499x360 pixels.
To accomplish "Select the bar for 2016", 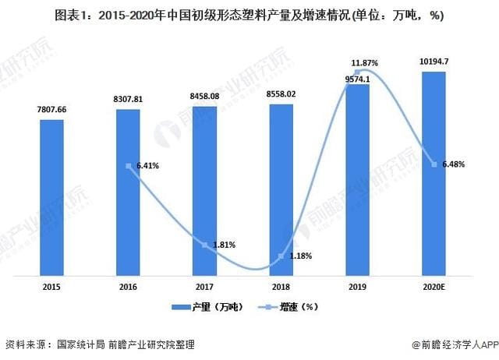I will [129, 191].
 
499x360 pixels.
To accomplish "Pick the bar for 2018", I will [281, 188].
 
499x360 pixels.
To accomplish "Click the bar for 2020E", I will [434, 171].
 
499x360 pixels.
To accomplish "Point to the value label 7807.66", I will [52, 110].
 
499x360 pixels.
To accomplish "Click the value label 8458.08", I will [204, 96].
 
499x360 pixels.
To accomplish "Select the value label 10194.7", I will [434, 62].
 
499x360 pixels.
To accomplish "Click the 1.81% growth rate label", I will [224, 245].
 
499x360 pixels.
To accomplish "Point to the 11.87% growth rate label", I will [365, 62].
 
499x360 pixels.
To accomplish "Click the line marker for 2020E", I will [434, 163].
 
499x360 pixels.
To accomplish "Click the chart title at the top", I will [249, 14].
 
